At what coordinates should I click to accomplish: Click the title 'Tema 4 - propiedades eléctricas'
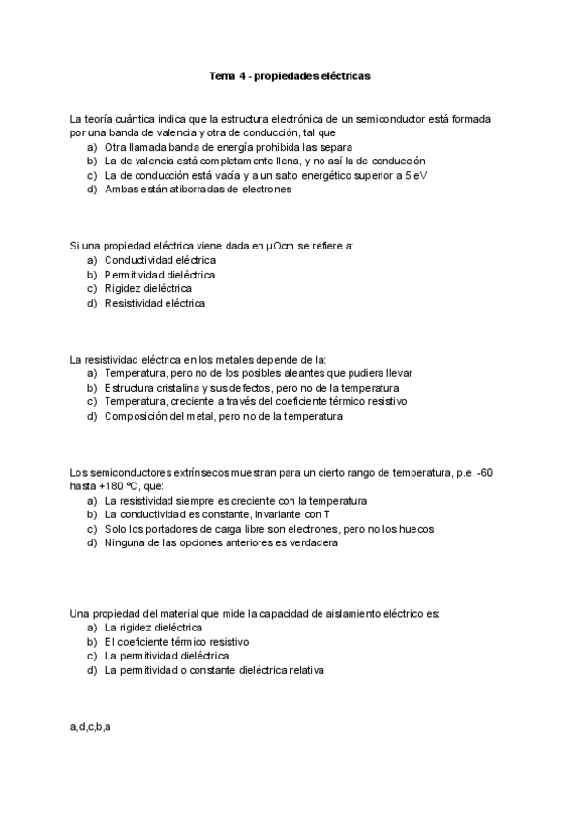coord(290,74)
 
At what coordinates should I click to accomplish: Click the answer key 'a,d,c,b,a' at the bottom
coord(90,725)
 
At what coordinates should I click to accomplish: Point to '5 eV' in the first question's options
coord(413,175)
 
